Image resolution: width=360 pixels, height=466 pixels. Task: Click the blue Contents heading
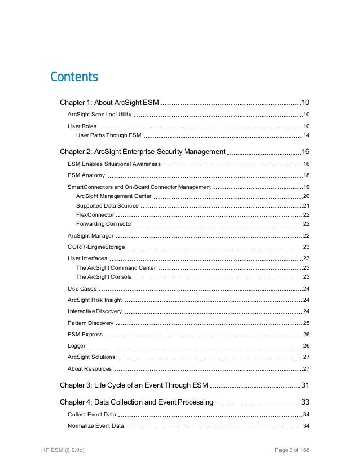[x=74, y=77]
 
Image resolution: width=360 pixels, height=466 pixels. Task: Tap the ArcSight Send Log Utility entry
[x=99, y=115]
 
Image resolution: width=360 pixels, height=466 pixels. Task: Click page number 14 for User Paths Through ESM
[x=306, y=135]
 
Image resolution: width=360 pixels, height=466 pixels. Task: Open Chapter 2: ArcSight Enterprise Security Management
[x=142, y=152]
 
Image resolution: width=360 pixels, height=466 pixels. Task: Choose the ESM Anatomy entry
[x=86, y=175]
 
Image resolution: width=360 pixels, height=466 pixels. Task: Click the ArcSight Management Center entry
[x=113, y=196]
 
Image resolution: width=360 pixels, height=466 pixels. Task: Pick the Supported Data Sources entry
[x=107, y=205]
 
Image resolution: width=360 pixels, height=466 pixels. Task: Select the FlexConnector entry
[x=95, y=214]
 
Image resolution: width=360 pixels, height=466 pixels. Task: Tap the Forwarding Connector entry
[x=104, y=224]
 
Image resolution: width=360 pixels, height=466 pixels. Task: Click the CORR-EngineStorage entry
[x=95, y=247]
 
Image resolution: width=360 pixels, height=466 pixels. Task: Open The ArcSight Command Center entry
[x=116, y=267]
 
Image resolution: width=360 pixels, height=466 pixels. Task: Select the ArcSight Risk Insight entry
[x=94, y=300]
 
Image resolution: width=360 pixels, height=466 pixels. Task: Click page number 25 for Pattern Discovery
[x=306, y=323]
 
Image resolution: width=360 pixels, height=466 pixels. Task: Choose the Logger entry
[x=76, y=345]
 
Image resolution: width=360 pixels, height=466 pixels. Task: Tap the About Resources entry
[x=89, y=369]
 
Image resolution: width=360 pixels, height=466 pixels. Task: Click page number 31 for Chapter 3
[x=305, y=385]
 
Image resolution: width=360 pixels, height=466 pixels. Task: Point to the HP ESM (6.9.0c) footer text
[x=63, y=450]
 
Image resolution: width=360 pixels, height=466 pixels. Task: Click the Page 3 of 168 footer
[x=292, y=450]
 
